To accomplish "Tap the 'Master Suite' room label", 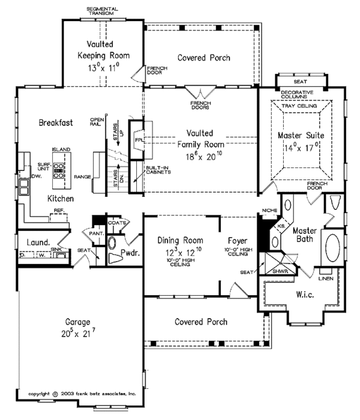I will click(x=301, y=137).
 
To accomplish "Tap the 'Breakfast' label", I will click(x=56, y=122).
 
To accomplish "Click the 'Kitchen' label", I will click(x=61, y=198).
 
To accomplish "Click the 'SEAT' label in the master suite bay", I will click(x=300, y=80).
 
